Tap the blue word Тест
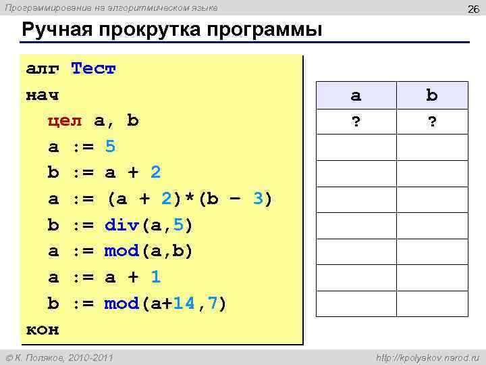pos(94,69)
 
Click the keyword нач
pos(43,95)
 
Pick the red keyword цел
pos(65,121)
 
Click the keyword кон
pos(43,330)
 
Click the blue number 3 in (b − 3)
pos(257,199)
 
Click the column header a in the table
pos(356,95)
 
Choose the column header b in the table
pos(432,95)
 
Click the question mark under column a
pos(356,122)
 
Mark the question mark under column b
pos(432,122)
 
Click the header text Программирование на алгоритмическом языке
pos(112,7)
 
